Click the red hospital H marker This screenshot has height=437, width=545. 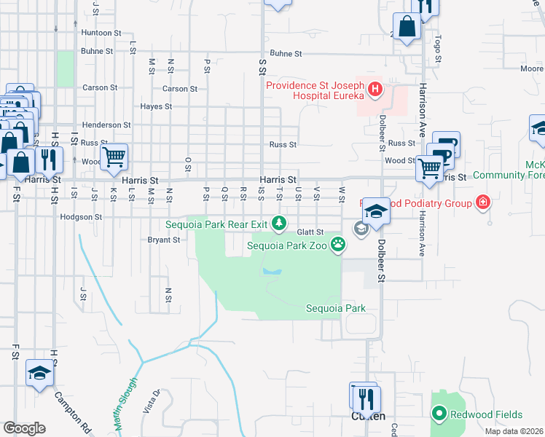(x=375, y=90)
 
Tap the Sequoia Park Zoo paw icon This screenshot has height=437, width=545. (x=337, y=245)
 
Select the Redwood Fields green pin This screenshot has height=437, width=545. (x=439, y=414)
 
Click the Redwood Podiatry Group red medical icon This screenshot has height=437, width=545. (x=482, y=203)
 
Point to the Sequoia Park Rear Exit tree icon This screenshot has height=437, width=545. (x=278, y=222)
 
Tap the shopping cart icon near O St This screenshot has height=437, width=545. (x=114, y=156)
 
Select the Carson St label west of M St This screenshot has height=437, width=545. (x=100, y=87)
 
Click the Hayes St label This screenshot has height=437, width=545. (x=156, y=106)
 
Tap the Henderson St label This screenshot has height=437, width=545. (x=106, y=125)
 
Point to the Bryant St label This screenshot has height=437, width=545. (x=163, y=239)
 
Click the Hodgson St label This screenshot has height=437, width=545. (x=81, y=217)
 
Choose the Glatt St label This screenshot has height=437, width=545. (x=310, y=232)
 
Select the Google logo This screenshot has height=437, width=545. (x=24, y=428)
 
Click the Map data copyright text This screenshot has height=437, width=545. (x=513, y=431)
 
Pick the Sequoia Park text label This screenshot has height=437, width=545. (x=334, y=308)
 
